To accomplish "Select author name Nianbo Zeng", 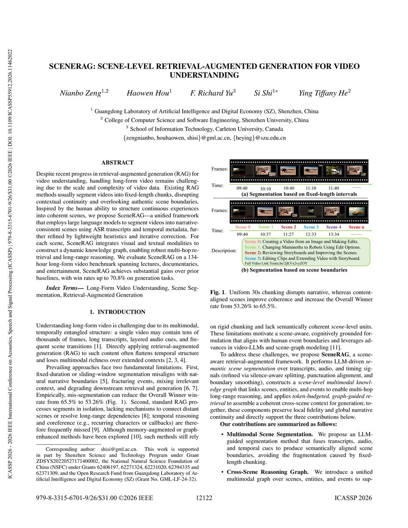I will click(85, 93).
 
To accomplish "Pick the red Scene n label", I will click(357, 227).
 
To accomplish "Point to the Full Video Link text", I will click(276, 263).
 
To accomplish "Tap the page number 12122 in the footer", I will click(204, 498).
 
